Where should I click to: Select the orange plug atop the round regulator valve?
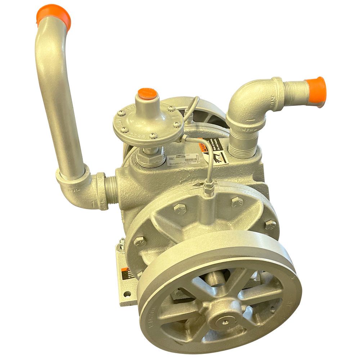click(148, 94)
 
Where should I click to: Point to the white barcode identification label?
click(183, 159)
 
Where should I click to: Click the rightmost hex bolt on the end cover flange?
click(270, 225)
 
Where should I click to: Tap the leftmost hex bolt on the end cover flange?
click(140, 241)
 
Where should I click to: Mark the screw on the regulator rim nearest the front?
click(153, 135)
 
